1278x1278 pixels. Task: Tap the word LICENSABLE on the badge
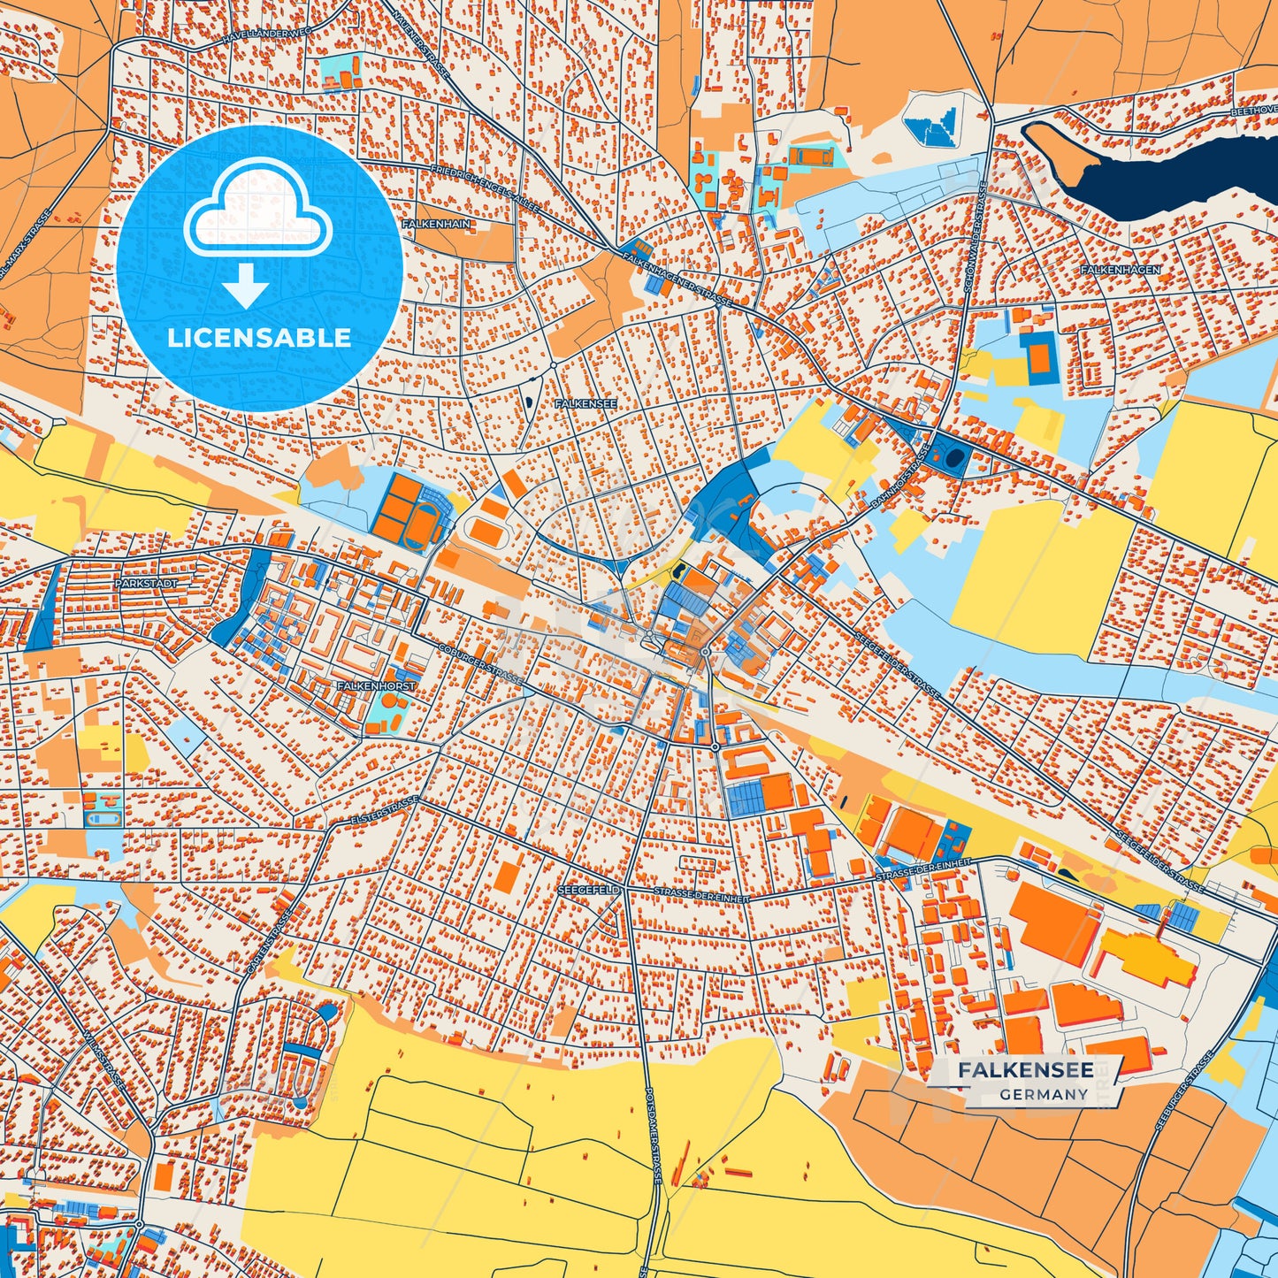[x=259, y=338]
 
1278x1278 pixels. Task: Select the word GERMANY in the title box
[x=1044, y=1094]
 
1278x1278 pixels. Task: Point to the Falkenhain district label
[x=436, y=225]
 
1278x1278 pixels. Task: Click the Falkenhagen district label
[x=1120, y=269]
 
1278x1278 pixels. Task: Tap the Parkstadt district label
[x=146, y=584]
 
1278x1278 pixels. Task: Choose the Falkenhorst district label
[x=376, y=685]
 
